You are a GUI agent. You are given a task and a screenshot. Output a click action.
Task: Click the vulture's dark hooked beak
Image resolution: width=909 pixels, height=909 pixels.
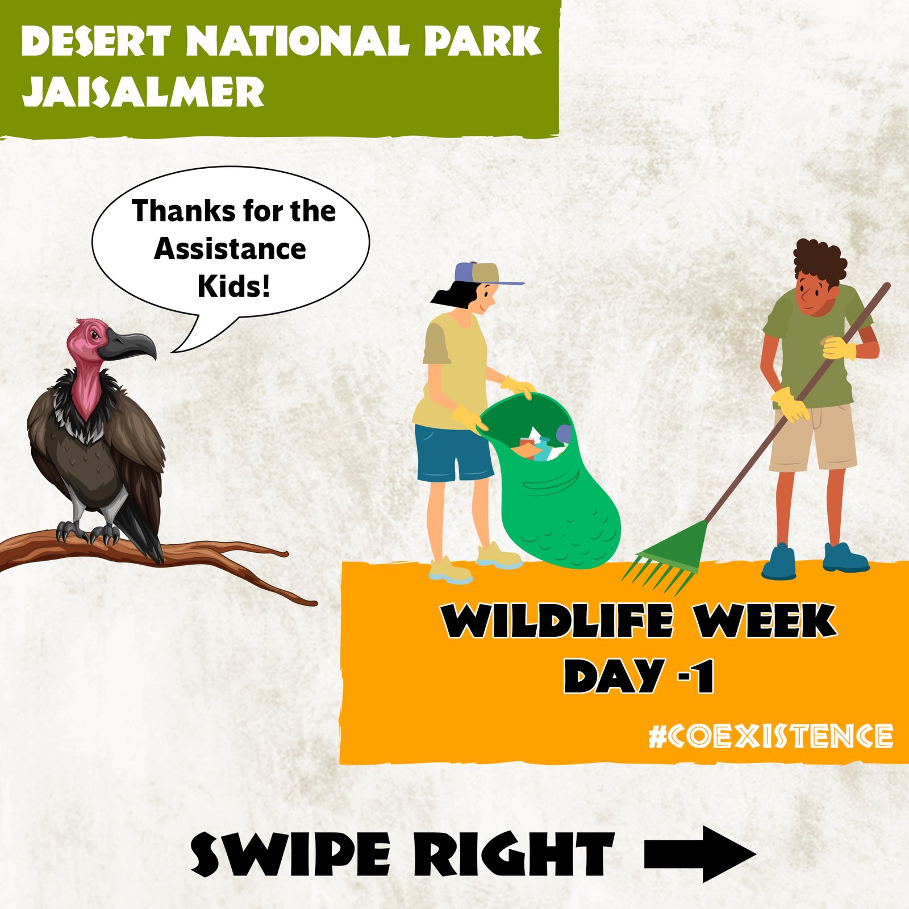[x=128, y=345]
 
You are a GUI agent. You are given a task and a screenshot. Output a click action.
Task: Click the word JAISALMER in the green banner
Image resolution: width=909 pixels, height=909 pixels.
[x=143, y=92]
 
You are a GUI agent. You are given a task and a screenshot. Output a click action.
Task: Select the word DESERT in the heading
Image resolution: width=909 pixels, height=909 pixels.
[x=95, y=41]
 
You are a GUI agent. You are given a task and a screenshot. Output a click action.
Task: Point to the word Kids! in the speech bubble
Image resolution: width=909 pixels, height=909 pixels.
[x=233, y=286]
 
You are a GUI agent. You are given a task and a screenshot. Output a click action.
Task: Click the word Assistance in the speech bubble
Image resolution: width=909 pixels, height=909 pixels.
[x=230, y=249]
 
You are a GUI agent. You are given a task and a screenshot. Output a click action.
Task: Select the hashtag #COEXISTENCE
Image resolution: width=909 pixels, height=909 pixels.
[x=770, y=736]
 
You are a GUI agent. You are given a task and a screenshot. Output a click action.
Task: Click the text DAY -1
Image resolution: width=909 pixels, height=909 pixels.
[x=639, y=676]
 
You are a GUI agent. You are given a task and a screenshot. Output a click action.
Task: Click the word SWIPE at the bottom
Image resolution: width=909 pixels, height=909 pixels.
[x=290, y=854]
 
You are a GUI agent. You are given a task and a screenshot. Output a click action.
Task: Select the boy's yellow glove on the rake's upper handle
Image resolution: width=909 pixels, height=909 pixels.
[x=838, y=348]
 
